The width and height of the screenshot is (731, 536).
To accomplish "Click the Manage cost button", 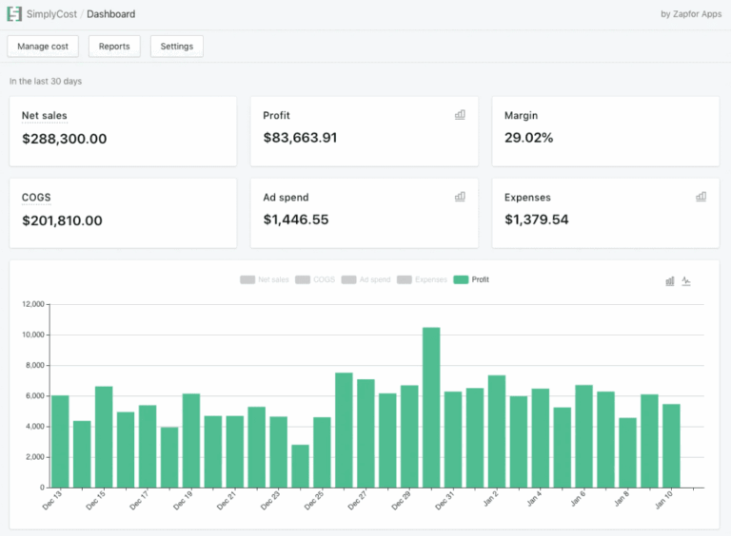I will pos(43,47).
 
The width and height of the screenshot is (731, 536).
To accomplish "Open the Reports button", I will pos(114,47).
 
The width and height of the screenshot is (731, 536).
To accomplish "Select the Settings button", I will pos(176,47).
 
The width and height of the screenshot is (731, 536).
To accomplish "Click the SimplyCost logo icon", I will pos(14,14).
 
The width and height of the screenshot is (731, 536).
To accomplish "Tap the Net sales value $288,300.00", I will pos(64,139).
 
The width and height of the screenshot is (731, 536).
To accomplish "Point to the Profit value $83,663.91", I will pos(300,138).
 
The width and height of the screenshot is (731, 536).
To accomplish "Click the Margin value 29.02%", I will pos(528,138).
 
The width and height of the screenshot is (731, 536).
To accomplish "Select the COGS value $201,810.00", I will pos(62,220).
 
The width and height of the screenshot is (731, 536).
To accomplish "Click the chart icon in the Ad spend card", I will pos(460,197).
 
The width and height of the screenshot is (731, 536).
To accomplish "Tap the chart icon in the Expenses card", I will pos(701,197).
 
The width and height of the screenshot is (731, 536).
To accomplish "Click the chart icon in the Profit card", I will pos(460,115).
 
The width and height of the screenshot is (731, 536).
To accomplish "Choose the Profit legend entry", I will pos(471,279).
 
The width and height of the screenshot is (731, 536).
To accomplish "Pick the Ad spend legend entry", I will pos(365,279).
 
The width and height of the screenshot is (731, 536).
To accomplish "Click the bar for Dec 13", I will pos(60,441).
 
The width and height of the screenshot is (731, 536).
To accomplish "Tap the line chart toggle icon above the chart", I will pos(686,281).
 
